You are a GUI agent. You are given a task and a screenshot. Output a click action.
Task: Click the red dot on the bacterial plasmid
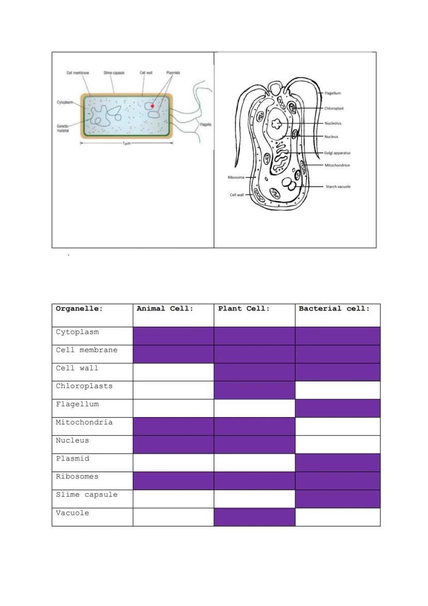pyautogui.click(x=152, y=106)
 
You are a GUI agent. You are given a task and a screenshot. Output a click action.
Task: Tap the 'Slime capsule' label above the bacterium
pyautogui.click(x=114, y=73)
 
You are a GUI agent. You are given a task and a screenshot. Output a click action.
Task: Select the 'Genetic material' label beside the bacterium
pyautogui.click(x=63, y=129)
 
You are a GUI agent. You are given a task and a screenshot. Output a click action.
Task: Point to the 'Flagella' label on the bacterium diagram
pyautogui.click(x=205, y=125)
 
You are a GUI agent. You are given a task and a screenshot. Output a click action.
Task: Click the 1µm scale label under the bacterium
pyautogui.click(x=126, y=143)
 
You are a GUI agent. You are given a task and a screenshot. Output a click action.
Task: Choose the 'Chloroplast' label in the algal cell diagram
pyautogui.click(x=334, y=109)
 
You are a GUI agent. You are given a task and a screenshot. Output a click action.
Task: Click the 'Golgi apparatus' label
pyautogui.click(x=337, y=153)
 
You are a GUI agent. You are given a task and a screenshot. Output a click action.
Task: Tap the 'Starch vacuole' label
pyautogui.click(x=338, y=186)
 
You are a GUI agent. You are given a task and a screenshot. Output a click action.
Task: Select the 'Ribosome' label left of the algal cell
pyautogui.click(x=236, y=178)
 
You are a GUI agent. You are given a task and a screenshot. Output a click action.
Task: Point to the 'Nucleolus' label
pyautogui.click(x=333, y=123)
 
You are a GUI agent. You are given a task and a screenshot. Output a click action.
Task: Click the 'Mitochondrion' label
pyautogui.click(x=337, y=165)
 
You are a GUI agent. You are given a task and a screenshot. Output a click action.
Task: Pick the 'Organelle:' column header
pyautogui.click(x=79, y=309)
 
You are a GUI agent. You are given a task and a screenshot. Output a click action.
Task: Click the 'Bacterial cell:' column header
pyautogui.click(x=334, y=309)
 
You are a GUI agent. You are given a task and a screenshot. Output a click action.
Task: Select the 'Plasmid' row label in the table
pyautogui.click(x=72, y=459)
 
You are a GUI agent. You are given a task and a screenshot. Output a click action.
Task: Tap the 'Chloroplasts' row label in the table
pyautogui.click(x=84, y=386)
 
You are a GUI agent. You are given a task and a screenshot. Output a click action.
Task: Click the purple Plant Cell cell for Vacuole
pyautogui.click(x=254, y=517)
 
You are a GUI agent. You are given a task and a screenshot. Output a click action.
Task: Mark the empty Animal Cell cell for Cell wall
pyautogui.click(x=173, y=372)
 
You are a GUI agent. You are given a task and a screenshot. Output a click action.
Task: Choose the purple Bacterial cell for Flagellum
pyautogui.click(x=338, y=408)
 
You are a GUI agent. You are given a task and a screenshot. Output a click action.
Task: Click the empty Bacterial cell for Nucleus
pyautogui.click(x=338, y=445)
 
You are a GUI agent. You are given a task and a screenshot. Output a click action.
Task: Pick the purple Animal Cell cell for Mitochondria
pyautogui.click(x=173, y=426)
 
